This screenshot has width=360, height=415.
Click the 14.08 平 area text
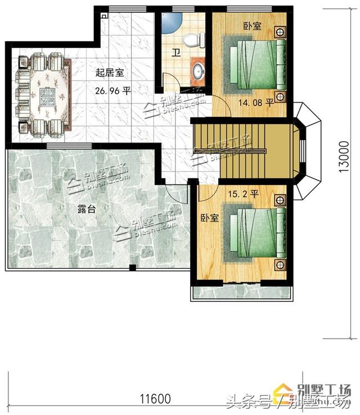click(x=256, y=103)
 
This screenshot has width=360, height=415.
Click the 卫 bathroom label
click(x=175, y=55)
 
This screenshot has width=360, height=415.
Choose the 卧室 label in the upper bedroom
click(x=251, y=26)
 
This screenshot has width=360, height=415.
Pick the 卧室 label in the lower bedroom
click(x=210, y=218)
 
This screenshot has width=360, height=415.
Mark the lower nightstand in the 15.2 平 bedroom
click(x=280, y=264)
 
